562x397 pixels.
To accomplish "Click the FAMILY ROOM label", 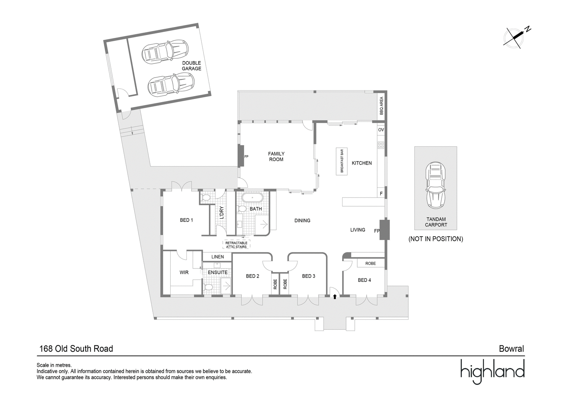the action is pos(276,157).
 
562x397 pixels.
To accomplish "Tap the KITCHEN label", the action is pos(361,163).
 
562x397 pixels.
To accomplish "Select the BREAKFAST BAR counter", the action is pos(342,161).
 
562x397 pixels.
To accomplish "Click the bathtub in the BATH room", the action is pos(253,198).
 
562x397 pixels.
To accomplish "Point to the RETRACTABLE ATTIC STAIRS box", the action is pos(236,245).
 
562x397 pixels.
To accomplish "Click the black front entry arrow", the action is pos(335,297).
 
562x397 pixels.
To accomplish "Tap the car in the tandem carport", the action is pos(436,185).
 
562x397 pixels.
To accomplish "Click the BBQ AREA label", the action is pos(381,106).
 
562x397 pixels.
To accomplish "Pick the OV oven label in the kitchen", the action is pos(381,130).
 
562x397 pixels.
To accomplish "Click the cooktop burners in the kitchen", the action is pos(381,145).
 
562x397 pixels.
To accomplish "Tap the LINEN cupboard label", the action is pos(217,257).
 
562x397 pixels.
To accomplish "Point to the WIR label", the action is pos(184,272).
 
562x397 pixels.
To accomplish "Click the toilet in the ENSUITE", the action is pos(208,287).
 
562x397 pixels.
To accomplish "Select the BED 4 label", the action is pos(364,280).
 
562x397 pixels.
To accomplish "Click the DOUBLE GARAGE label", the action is pos(191,66).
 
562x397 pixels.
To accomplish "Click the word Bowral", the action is pos(511,349).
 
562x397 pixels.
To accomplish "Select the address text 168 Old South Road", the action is pos(76,349).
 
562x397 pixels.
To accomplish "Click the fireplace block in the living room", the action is pos(384,230).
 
